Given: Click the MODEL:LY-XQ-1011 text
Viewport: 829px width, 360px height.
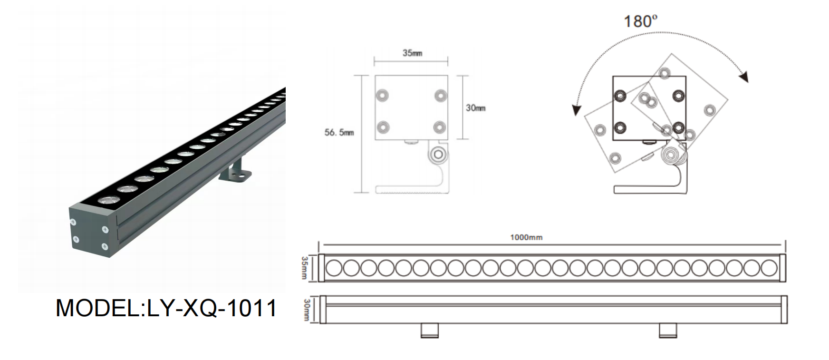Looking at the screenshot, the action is [x=166, y=308].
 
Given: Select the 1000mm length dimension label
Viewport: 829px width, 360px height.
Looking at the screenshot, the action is [x=526, y=237].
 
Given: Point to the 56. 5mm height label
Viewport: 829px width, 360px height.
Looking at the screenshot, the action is [x=339, y=133].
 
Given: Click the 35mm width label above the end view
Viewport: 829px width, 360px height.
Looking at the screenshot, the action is [x=412, y=53].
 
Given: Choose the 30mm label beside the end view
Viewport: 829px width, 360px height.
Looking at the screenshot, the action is [x=475, y=108].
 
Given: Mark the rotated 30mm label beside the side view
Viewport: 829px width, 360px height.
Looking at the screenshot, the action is [x=306, y=310].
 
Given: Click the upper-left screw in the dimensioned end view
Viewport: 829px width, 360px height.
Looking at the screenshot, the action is [x=382, y=96].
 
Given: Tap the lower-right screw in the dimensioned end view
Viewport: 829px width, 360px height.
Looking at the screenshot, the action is [x=440, y=127].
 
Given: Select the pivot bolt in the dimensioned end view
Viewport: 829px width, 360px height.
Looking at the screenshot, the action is [x=437, y=155].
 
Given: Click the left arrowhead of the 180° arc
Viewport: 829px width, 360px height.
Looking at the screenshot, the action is [x=577, y=110].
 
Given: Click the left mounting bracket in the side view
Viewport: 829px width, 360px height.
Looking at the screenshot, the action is [x=429, y=331].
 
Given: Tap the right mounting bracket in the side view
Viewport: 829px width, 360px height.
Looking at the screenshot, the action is [x=668, y=331].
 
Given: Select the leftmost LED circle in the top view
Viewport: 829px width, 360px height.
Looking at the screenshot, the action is [x=334, y=268].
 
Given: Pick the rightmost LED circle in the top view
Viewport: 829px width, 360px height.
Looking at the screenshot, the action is [x=769, y=268].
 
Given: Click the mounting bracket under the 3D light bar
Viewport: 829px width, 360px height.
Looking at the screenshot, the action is [x=237, y=171].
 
